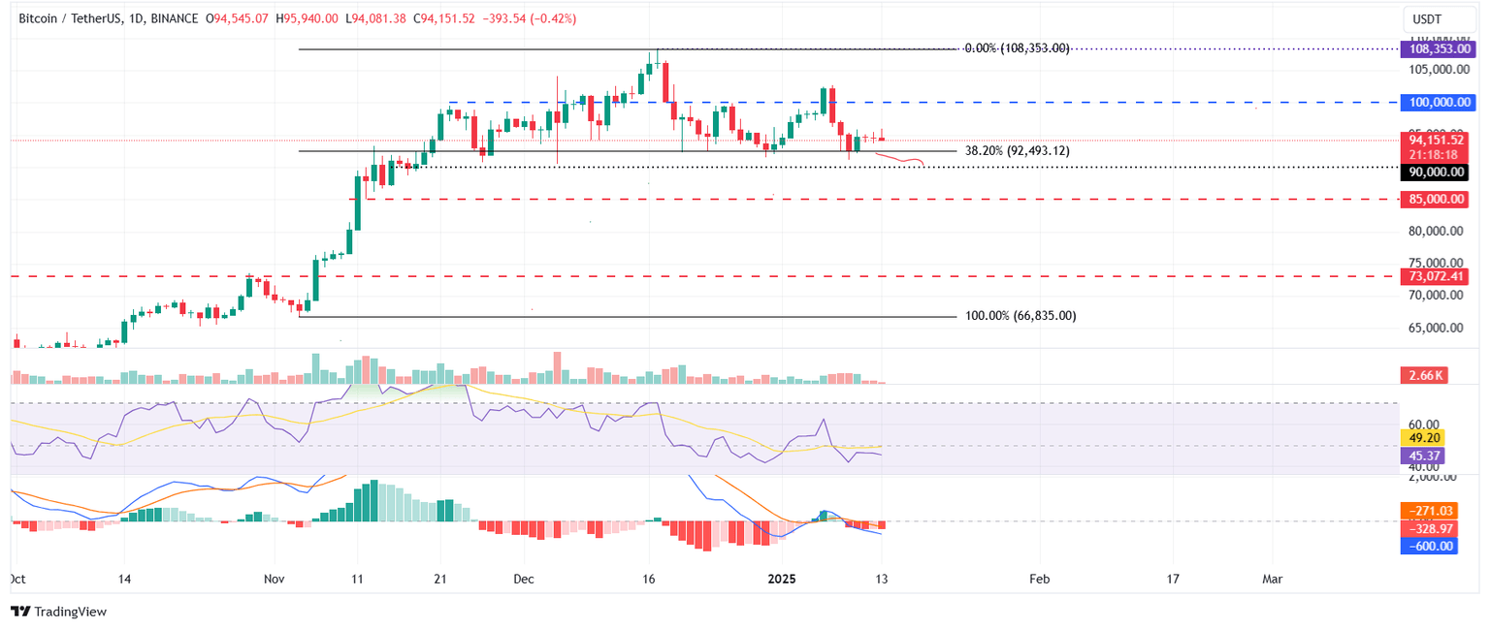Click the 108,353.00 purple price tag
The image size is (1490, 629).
click(x=1436, y=47)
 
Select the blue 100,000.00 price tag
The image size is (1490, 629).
click(x=1436, y=102)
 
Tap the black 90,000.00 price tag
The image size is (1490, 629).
click(x=1436, y=172)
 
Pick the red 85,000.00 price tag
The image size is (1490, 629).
click(x=1436, y=199)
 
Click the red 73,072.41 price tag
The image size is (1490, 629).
click(x=1436, y=276)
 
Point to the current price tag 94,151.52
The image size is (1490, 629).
click(x=1436, y=140)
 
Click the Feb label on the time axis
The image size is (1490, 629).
click(x=1039, y=579)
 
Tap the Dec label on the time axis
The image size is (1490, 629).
click(x=524, y=579)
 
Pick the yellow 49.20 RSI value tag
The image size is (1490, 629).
click(x=1423, y=437)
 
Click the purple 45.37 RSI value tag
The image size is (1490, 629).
click(x=1423, y=455)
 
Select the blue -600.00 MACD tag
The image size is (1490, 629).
click(x=1429, y=546)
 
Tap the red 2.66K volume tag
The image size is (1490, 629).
click(x=1423, y=375)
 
